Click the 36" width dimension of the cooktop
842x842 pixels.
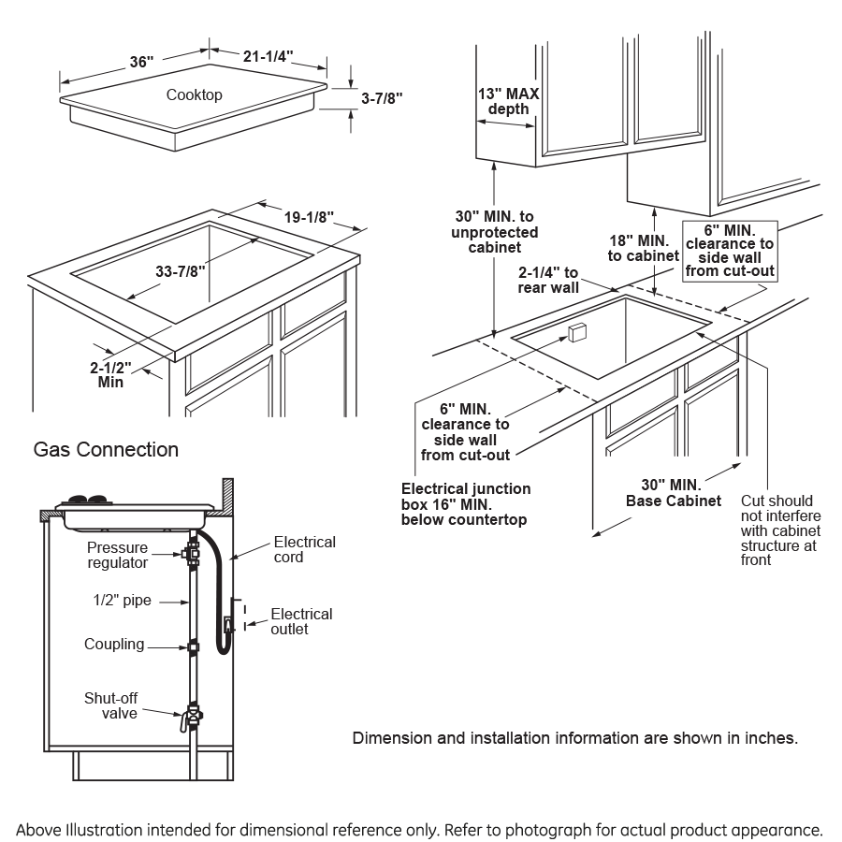[x=140, y=63]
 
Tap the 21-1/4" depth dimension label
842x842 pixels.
[x=269, y=57]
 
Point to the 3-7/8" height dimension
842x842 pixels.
[x=382, y=96]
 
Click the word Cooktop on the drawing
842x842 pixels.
[x=195, y=94]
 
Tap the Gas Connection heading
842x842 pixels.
[x=106, y=449]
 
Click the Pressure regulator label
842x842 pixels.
[x=118, y=554]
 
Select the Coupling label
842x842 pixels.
[x=114, y=644]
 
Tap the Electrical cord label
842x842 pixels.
[x=304, y=549]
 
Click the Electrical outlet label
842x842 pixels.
[x=301, y=621]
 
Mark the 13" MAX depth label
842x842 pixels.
[x=508, y=101]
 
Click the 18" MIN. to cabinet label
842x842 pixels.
[x=643, y=248]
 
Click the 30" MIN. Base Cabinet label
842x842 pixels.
[x=672, y=492]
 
